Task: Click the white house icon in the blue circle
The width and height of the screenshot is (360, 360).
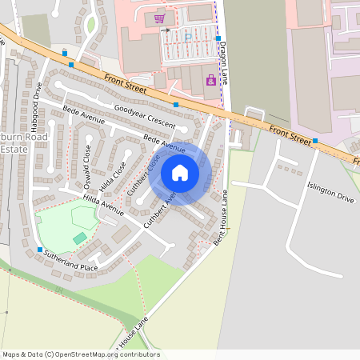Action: point(180,173)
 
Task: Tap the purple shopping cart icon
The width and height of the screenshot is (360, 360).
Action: point(159,18)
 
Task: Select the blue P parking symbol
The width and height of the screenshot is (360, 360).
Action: point(188,36)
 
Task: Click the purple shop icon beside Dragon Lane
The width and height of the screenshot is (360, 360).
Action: point(210,80)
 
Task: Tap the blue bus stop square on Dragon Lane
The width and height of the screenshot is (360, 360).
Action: point(218,38)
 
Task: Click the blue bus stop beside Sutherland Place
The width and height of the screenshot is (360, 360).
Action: point(39,250)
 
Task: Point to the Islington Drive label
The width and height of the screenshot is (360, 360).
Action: point(330,191)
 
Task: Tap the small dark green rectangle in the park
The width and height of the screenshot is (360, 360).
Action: point(79,238)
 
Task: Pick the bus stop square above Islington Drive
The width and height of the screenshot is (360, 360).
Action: point(315,141)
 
